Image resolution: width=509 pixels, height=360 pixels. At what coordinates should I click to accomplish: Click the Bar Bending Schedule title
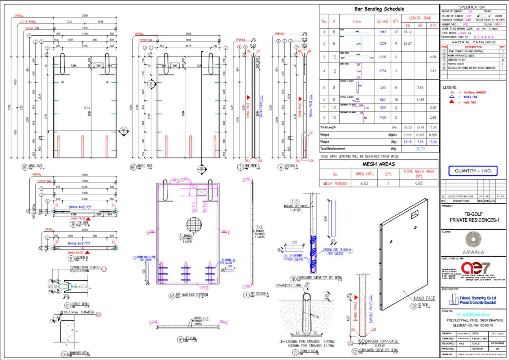click(x=379, y=9)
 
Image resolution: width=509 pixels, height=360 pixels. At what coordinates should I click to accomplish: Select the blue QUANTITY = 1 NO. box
click(x=473, y=171)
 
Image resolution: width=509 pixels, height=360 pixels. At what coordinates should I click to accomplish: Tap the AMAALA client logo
click(x=473, y=243)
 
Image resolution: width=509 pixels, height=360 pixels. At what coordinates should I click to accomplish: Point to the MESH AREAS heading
click(x=379, y=164)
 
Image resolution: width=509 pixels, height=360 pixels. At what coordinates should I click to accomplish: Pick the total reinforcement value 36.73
click(x=420, y=149)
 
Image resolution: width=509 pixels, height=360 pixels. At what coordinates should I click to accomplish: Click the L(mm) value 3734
click(x=383, y=71)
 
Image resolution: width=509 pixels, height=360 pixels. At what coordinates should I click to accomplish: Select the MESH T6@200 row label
click(x=335, y=184)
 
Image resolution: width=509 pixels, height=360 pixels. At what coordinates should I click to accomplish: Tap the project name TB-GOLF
click(x=473, y=214)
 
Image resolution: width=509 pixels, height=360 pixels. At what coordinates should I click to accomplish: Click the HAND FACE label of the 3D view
click(x=424, y=298)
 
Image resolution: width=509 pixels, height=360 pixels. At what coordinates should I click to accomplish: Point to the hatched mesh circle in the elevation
click(x=194, y=225)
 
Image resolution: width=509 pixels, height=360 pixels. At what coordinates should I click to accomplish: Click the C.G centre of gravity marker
click(x=85, y=108)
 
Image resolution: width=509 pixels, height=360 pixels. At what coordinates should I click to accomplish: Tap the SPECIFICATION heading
click(x=472, y=7)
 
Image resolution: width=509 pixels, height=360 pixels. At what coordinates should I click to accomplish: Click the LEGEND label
click(x=450, y=87)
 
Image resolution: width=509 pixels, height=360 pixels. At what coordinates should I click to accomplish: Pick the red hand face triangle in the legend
click(x=452, y=102)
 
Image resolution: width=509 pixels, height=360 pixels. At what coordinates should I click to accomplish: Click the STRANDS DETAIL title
click(x=309, y=351)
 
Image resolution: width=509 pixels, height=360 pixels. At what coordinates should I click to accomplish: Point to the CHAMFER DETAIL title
click(x=79, y=353)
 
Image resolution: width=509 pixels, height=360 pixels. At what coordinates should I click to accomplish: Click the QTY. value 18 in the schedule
click(x=396, y=100)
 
